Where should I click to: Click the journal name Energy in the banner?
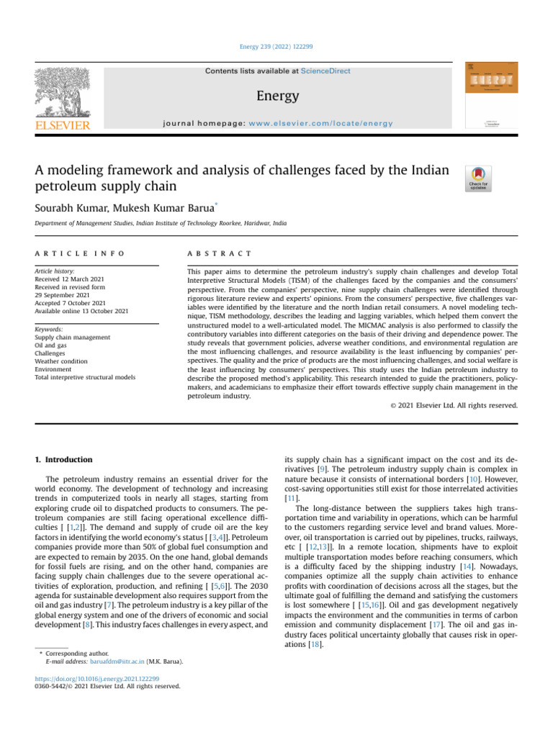pos(276,96)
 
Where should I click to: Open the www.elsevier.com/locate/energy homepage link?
pos(320,124)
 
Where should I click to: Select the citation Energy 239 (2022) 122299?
pos(276,46)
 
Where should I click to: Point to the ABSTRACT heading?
pos(219,253)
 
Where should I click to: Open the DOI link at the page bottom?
pos(96,678)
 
